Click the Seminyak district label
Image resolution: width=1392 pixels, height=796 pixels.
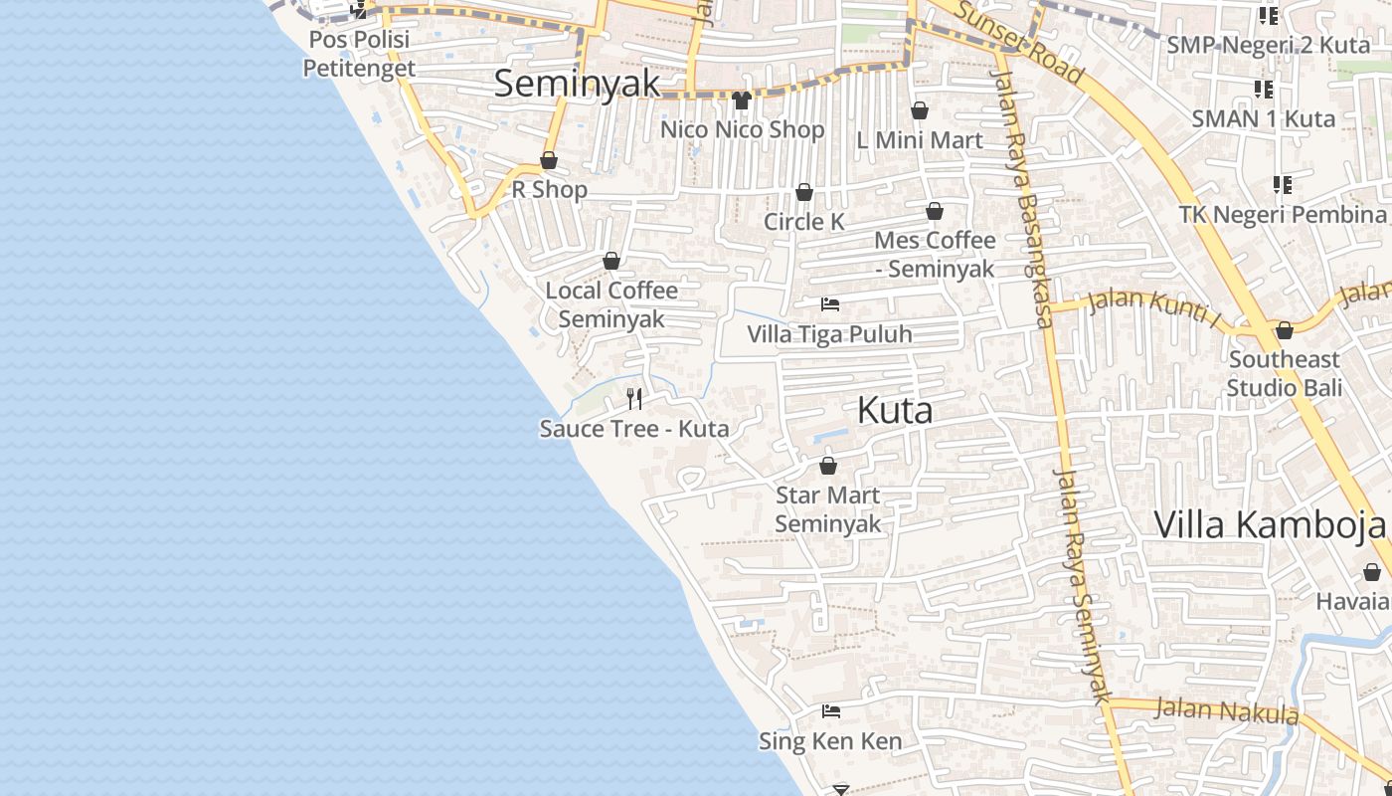coord(577,84)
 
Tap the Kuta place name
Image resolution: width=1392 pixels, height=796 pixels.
coord(895,410)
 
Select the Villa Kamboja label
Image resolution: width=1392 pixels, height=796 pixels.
coord(1270,524)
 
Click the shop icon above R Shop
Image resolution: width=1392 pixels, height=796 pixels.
coord(549,160)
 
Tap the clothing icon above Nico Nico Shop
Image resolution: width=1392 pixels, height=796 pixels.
coord(741,100)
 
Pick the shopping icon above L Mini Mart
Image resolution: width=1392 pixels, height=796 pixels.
coord(920,110)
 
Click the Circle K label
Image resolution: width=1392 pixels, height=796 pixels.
coord(803,222)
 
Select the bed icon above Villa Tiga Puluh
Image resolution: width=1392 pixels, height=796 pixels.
coord(830,303)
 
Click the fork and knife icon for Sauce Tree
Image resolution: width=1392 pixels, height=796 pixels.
coord(634,399)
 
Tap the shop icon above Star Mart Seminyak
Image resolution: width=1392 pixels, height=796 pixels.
coord(828,465)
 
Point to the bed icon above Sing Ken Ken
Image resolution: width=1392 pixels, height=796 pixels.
coord(831,711)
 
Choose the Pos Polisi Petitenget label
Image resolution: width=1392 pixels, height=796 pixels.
coord(359,55)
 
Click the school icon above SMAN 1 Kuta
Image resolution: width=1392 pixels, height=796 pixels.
coord(1264,91)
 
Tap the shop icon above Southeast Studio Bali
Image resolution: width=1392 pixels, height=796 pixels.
coord(1285,330)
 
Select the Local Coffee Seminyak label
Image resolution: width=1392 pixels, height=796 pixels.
coord(611,304)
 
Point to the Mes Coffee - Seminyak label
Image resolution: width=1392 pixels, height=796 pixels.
coord(935,255)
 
